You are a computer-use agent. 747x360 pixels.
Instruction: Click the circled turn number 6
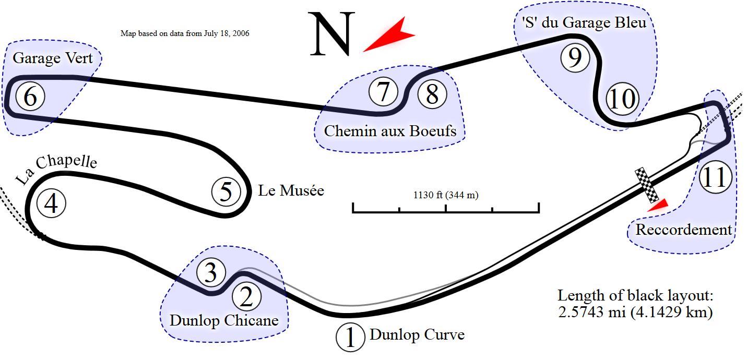(30, 97)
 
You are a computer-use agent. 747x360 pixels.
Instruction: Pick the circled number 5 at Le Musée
(226, 192)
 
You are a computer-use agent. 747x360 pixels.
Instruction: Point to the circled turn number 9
(574, 58)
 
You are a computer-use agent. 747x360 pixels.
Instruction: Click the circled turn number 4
(51, 203)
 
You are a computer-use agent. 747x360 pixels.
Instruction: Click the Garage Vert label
(52, 58)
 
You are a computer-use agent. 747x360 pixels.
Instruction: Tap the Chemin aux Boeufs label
(390, 130)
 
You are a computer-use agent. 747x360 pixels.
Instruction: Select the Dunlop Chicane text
(224, 320)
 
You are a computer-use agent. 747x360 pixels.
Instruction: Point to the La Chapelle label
(56, 169)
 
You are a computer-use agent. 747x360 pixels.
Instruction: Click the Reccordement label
(683, 230)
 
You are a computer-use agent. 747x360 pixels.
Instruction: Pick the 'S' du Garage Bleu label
(584, 22)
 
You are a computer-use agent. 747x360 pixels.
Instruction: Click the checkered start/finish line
(647, 186)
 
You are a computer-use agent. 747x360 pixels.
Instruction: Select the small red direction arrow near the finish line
(657, 205)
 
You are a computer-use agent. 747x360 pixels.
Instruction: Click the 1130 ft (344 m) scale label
(446, 196)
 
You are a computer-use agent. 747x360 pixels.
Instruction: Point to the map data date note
(185, 33)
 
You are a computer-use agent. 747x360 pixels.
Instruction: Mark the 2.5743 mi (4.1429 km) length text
(635, 313)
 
